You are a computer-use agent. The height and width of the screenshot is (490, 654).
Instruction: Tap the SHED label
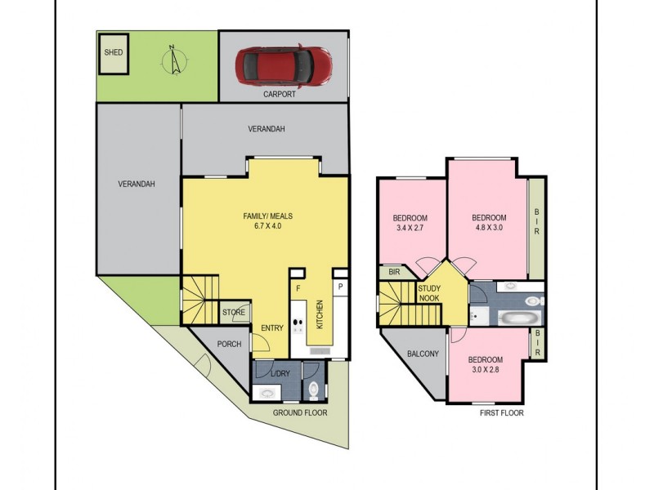click(114, 52)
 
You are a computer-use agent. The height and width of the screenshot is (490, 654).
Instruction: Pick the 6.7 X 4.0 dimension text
click(262, 227)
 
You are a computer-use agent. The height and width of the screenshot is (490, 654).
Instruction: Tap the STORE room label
click(234, 312)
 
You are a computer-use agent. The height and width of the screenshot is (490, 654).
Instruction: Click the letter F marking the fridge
click(298, 288)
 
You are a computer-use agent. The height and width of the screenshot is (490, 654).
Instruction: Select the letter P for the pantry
click(339, 287)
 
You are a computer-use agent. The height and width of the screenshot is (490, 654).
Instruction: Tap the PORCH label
click(229, 344)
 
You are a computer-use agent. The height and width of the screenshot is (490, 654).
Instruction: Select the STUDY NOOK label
click(430, 293)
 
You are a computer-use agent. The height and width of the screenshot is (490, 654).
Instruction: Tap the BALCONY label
click(423, 354)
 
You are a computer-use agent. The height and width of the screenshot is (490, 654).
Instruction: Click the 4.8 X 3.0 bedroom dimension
click(489, 229)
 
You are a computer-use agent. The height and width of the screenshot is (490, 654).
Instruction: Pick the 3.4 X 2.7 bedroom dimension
click(410, 229)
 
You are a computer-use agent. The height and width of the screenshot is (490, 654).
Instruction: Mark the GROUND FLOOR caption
click(300, 413)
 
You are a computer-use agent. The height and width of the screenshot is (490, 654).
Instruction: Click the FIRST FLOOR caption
click(502, 413)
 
